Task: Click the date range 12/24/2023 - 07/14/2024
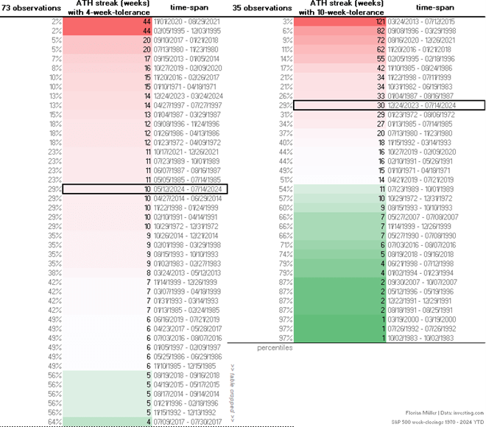(417, 106)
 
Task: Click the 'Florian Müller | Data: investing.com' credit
(445, 414)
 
